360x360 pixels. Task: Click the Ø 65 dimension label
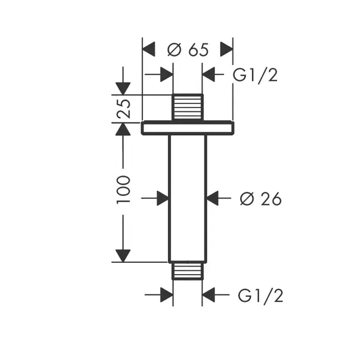[188, 50]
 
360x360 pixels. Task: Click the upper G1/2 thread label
[255, 75]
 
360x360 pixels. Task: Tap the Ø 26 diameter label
[261, 199]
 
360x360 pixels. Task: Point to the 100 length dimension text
[124, 189]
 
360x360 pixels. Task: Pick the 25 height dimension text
[124, 109]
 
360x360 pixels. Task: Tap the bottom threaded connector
[187, 271]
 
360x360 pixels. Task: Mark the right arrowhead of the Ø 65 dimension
[227, 50]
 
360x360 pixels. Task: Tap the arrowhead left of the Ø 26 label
[212, 198]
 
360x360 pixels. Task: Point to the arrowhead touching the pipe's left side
[163, 198]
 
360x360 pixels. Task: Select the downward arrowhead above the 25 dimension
[123, 88]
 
